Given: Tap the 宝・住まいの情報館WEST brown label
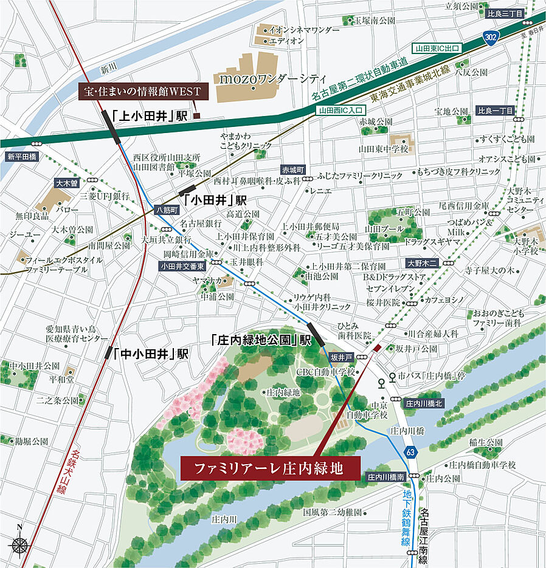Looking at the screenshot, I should tap(144, 91).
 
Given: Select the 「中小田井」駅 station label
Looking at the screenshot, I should tap(151, 354).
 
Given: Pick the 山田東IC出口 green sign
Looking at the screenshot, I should tap(437, 47).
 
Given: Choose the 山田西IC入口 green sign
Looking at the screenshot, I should tap(340, 111).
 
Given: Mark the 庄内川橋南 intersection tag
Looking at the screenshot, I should tap(386, 478).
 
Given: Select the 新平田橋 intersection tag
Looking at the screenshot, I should tap(22, 157).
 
